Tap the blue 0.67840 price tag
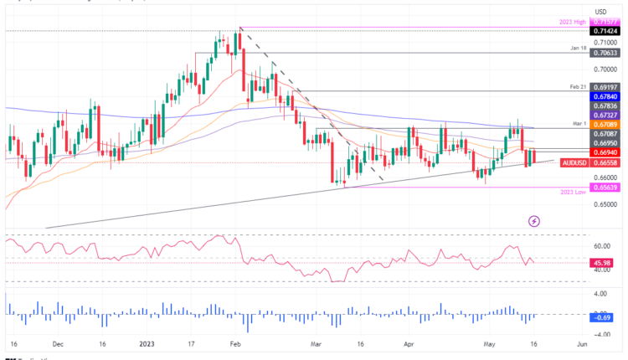point(605,96)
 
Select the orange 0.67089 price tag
point(605,124)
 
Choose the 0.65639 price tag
point(605,188)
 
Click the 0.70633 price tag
point(605,51)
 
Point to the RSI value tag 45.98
point(603,264)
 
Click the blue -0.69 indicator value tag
point(603,317)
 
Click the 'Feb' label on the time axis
point(235,343)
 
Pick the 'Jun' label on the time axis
point(581,343)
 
